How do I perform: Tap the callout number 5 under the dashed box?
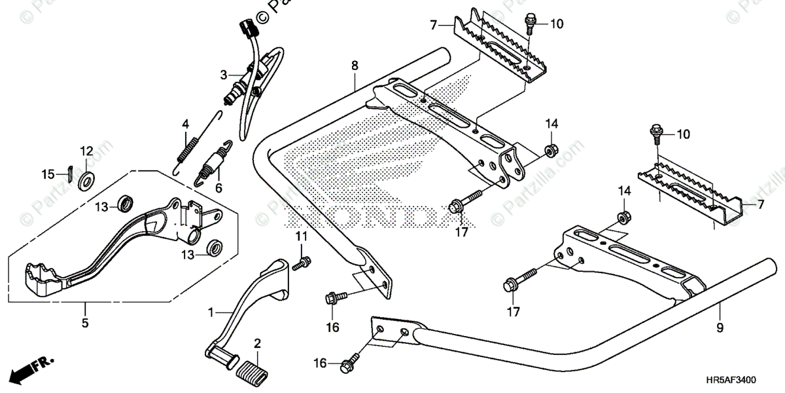[x=85, y=323]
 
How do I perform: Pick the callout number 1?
[x=211, y=314]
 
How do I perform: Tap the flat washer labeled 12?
[x=86, y=178]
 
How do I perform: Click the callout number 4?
[x=185, y=123]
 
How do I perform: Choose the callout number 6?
[x=219, y=188]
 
